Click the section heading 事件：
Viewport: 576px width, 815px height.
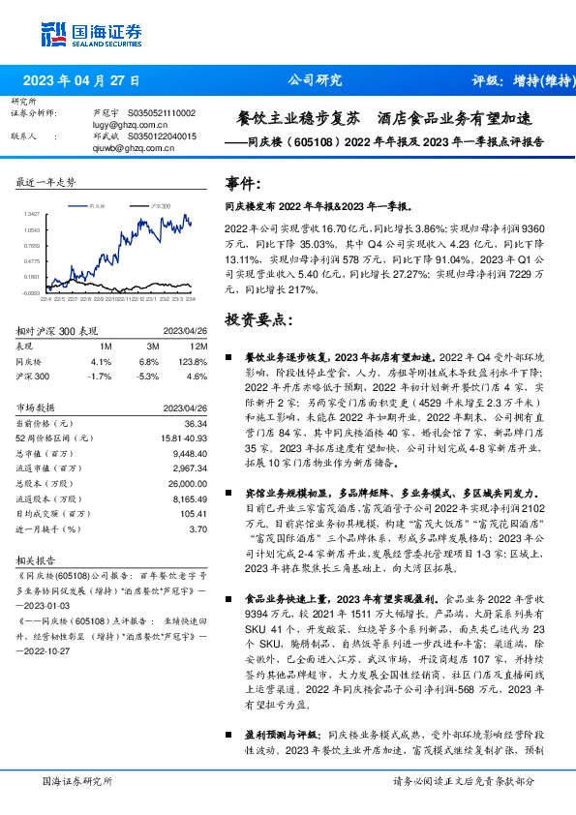click(243, 184)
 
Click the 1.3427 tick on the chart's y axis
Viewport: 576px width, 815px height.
click(31, 215)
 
